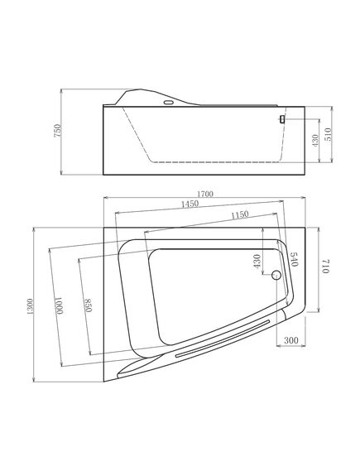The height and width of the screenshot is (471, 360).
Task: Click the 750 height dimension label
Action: pos(57,131)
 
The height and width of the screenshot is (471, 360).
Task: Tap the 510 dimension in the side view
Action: pos(328,134)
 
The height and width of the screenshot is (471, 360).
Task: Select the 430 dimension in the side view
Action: pos(314,140)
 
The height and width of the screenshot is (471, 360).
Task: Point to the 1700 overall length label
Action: pos(206,194)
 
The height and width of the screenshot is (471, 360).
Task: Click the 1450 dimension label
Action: pos(190,204)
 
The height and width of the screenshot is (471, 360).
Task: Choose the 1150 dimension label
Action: pos(240,214)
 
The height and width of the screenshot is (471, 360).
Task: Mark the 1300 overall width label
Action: pos(30,306)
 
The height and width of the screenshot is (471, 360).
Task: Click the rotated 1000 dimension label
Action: pos(60,305)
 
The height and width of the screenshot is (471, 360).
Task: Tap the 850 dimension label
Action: pos(88,305)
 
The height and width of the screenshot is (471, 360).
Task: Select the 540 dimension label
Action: pos(294,260)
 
